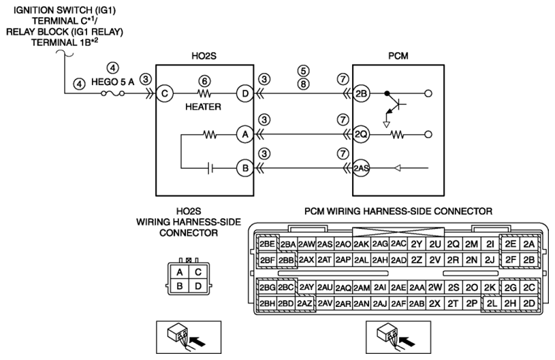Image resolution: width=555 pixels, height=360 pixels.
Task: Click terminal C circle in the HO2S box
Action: point(165,94)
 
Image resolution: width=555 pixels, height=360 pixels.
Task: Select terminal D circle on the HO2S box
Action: point(245,94)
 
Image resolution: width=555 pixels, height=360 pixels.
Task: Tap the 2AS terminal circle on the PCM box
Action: point(361,168)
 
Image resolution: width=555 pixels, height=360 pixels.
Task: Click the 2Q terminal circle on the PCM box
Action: point(361,134)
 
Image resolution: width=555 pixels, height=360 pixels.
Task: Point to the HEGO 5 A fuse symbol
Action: point(112,93)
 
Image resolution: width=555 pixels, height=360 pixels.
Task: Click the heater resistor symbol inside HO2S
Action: point(204,94)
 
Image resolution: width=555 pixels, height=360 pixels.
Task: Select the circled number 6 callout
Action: point(204,81)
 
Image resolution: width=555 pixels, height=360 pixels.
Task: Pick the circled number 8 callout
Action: point(303,84)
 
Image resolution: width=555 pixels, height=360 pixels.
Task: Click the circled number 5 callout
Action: point(303,71)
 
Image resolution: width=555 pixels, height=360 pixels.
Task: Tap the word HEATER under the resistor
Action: point(203,107)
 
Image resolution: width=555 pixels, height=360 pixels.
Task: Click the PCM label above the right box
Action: point(398,56)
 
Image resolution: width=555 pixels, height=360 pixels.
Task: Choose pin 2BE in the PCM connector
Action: point(267,244)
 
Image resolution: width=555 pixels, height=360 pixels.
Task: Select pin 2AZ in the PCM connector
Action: point(305,304)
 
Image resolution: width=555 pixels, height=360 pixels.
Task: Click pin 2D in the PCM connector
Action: point(529,304)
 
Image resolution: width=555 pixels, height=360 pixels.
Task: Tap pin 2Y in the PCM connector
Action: point(417,244)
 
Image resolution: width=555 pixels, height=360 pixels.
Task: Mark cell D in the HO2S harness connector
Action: point(198,285)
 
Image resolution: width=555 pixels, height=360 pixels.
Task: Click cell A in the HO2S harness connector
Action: point(180,272)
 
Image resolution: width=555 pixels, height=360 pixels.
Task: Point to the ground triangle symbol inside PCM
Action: point(387,125)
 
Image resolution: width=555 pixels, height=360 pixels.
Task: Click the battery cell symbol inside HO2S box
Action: point(210,168)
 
